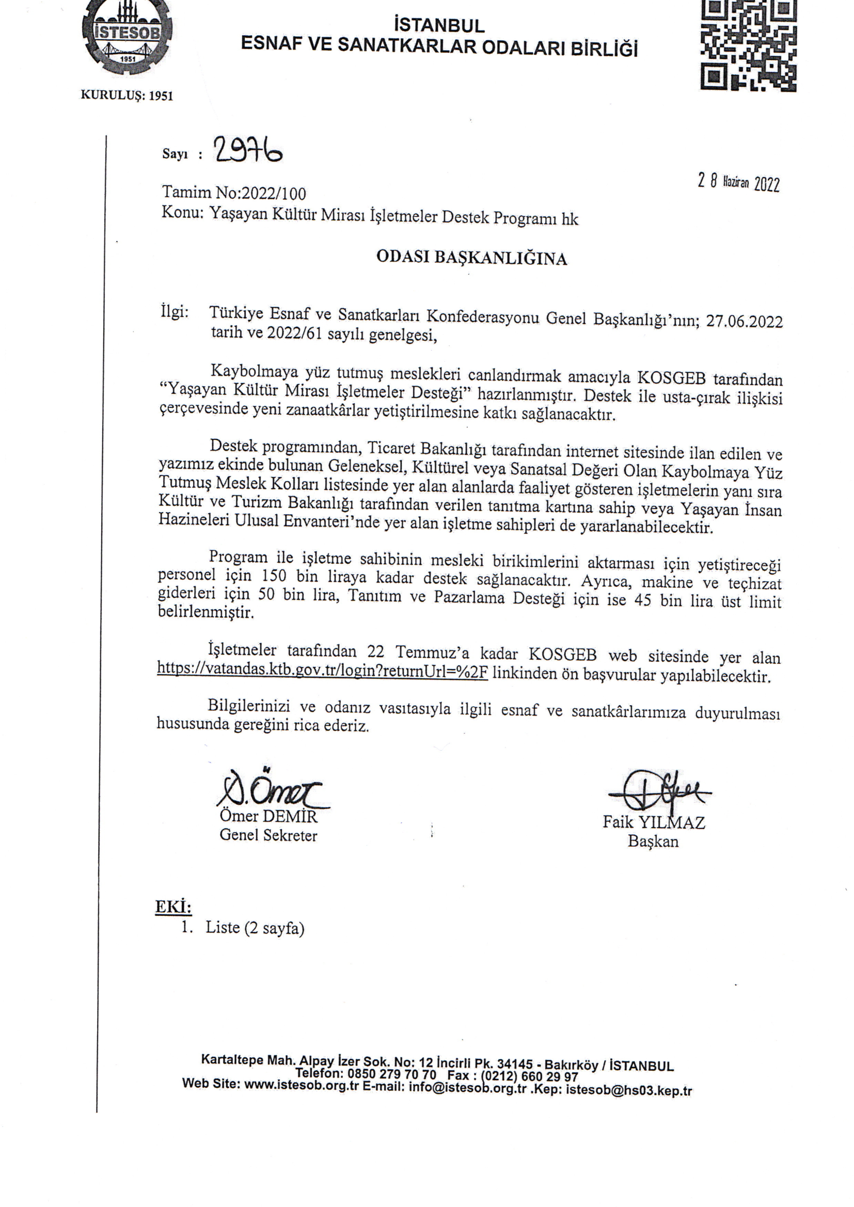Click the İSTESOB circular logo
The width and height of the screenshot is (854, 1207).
(127, 38)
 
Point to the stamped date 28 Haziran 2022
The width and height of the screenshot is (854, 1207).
(738, 182)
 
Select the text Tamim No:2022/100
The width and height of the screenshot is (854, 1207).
(234, 194)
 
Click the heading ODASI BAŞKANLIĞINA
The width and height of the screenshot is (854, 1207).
(472, 258)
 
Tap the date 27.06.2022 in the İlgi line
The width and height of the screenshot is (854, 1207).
(744, 321)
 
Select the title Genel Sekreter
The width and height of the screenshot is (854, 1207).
(268, 835)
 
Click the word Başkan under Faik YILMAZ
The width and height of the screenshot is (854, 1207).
(653, 841)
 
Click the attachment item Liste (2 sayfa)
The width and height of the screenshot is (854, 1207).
(255, 927)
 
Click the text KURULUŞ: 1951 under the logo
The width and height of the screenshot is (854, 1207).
(126, 95)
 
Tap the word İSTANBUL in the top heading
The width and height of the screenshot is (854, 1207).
(439, 25)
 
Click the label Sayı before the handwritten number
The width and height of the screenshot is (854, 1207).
(175, 154)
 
